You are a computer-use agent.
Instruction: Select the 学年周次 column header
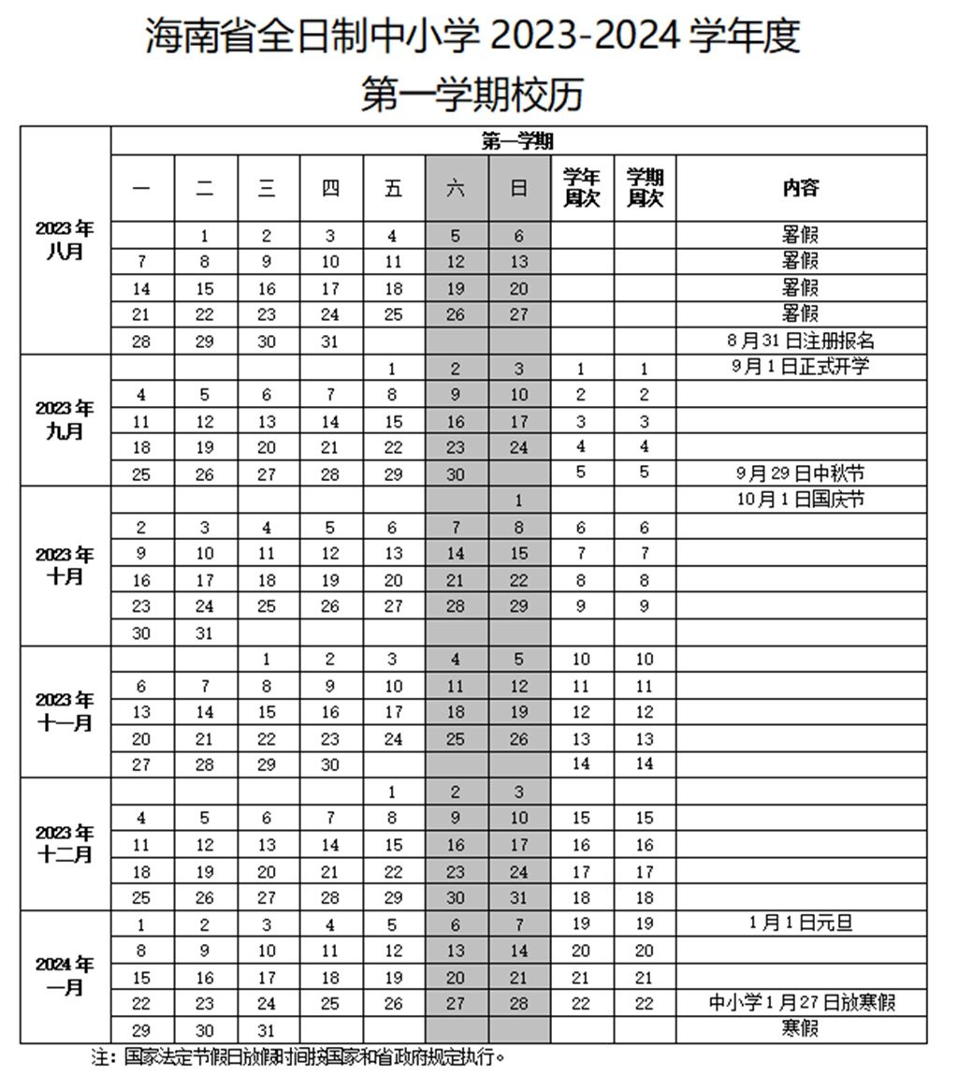click(x=581, y=187)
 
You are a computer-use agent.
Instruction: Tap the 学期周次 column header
click(x=645, y=187)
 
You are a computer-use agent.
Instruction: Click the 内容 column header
click(x=801, y=187)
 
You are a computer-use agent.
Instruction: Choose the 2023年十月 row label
click(x=65, y=565)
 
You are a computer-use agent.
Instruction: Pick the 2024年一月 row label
click(x=65, y=976)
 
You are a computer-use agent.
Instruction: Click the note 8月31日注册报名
click(x=801, y=341)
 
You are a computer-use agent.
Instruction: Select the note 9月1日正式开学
click(x=801, y=367)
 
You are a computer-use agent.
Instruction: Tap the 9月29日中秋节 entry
click(x=801, y=473)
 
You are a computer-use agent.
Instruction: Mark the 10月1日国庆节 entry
click(x=801, y=500)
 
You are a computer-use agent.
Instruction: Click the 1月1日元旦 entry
click(x=801, y=923)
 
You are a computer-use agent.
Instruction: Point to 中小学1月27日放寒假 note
click(x=801, y=1003)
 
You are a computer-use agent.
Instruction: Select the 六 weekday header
click(x=456, y=187)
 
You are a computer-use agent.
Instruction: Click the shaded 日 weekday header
click(x=518, y=187)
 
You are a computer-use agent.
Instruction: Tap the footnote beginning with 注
click(x=299, y=1058)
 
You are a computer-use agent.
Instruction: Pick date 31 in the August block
click(x=329, y=342)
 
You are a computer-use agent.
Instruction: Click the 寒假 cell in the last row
click(x=801, y=1029)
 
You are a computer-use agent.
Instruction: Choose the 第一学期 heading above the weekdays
click(x=517, y=141)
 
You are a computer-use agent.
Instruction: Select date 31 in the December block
click(x=518, y=897)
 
